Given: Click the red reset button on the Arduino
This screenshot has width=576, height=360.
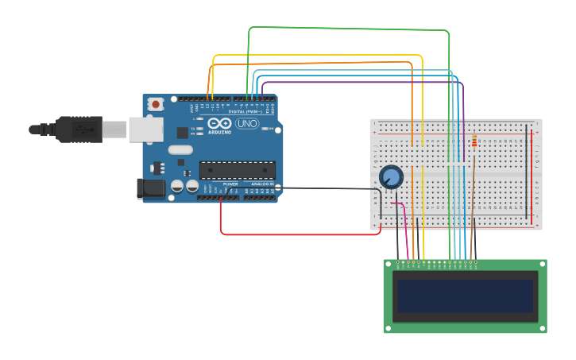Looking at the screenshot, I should coord(157,103).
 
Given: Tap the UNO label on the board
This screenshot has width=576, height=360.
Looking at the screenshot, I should coord(246,123).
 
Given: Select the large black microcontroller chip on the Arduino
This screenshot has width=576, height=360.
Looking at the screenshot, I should coord(238,168).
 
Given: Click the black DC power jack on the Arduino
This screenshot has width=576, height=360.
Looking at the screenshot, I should coord(150,188).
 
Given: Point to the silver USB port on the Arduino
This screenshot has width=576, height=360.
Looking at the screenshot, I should coord(145,129).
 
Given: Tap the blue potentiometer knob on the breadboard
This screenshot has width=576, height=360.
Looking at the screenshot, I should coord(390,176).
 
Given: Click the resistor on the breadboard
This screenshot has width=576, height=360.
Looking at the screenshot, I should coord(474,141).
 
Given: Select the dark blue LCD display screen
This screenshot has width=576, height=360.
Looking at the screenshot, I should coord(466,296).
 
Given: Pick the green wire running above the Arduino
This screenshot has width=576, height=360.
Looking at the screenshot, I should coord(350,29).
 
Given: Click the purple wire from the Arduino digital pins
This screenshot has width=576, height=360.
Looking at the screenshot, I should coord(358,81).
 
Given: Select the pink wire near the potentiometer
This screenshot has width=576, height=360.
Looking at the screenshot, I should coord(406,226).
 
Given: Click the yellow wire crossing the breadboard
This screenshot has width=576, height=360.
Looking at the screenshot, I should coord(423,159).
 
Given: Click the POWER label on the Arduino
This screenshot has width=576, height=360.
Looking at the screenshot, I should coord(230,184).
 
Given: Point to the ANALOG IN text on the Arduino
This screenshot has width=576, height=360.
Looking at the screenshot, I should coord(261,184).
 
